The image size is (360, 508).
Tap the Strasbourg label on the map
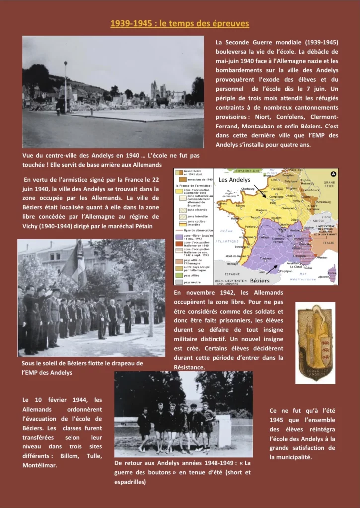pyautogui.click(x=325, y=202)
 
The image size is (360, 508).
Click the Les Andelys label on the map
pyautogui.click(x=234, y=179)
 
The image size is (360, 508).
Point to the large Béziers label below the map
pyautogui.click(x=260, y=281)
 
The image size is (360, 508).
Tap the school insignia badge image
pyautogui.click(x=315, y=342)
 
